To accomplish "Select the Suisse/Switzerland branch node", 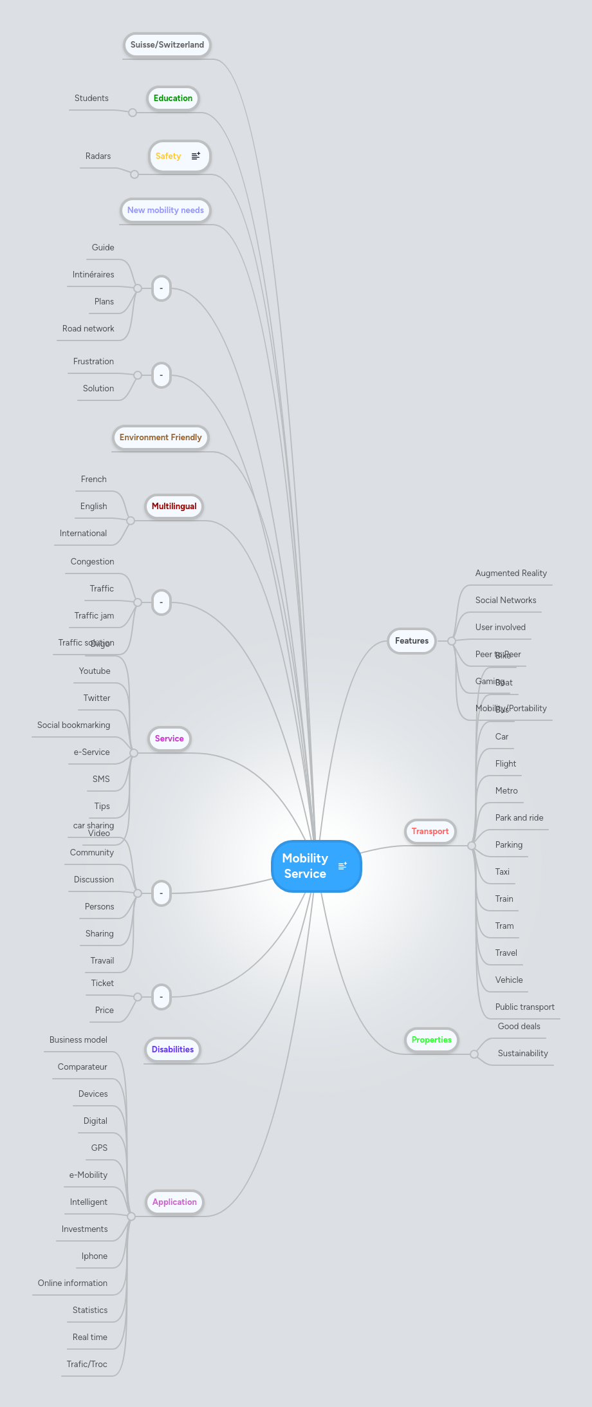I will (167, 45).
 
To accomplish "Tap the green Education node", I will (172, 98).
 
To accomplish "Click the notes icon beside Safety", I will (196, 156).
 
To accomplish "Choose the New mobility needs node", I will (165, 210).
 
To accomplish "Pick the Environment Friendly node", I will (160, 438).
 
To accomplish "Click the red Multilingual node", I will (174, 507).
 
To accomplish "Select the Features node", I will (411, 641).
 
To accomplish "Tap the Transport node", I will (430, 832).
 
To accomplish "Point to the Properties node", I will (431, 1040).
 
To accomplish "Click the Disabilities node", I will (172, 1050).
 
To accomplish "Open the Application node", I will (174, 1202).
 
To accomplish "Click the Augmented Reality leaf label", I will (511, 573).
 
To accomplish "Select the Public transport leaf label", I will (524, 1007).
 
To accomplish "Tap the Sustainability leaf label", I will (523, 1054).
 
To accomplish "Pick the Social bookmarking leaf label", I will (73, 725).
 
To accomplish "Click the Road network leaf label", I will (88, 329).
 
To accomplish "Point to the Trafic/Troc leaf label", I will (87, 1365).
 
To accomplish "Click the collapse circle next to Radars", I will (134, 174).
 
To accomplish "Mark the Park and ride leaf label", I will (519, 818).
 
